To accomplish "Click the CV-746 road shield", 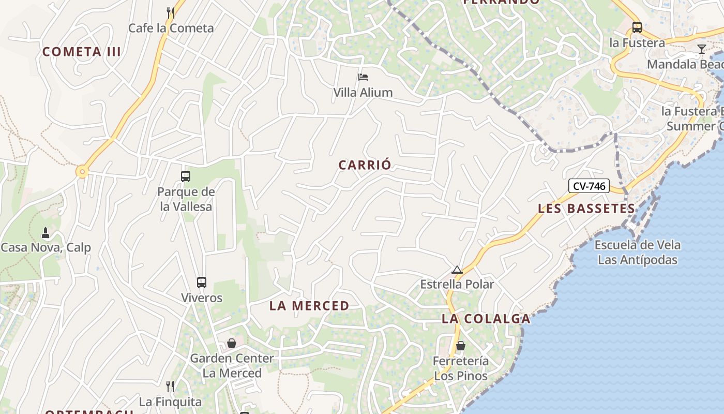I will click(589, 186).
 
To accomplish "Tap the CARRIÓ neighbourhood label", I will click(365, 165).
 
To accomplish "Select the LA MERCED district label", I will click(309, 306).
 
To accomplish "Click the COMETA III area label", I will click(82, 52).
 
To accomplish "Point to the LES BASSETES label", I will click(586, 209).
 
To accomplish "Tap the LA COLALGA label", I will click(486, 319).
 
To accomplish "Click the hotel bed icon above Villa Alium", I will click(363, 77).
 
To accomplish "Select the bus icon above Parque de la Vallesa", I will click(186, 176).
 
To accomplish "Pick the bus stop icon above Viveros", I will click(202, 283).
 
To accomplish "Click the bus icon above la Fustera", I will click(637, 27).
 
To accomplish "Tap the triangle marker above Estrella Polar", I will click(457, 270).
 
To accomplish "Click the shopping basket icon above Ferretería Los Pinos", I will click(461, 346).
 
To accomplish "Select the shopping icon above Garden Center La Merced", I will click(232, 343).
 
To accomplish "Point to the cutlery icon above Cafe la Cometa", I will click(170, 12).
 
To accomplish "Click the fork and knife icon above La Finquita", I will click(170, 386).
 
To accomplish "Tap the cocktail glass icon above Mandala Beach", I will click(702, 49).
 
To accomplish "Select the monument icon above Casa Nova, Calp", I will click(46, 233).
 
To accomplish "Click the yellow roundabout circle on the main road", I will click(82, 171).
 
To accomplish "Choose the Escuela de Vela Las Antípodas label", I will click(638, 252).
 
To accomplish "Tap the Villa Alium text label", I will click(363, 93).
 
